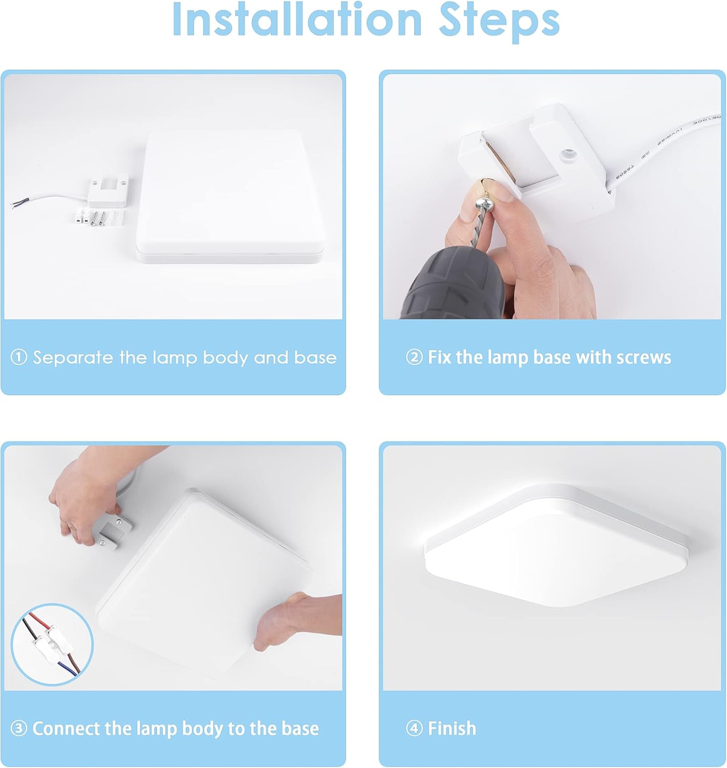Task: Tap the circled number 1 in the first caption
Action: click(x=18, y=357)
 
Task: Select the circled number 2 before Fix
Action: click(x=414, y=357)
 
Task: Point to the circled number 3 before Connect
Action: click(x=18, y=728)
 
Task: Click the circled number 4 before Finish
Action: click(x=414, y=728)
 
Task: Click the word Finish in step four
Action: click(x=452, y=728)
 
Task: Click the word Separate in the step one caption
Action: click(x=73, y=357)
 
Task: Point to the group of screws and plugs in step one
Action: click(x=97, y=217)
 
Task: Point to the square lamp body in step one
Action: click(x=230, y=197)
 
